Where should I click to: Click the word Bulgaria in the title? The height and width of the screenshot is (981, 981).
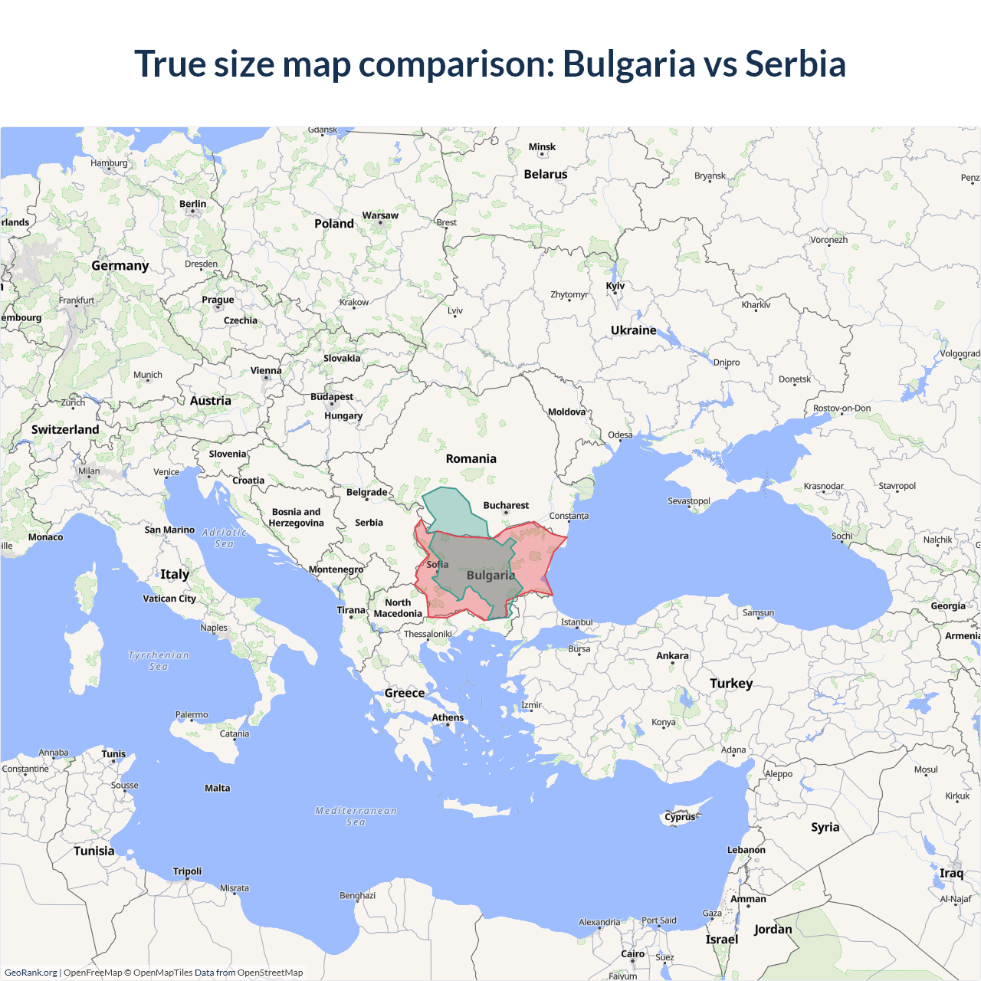coord(628,64)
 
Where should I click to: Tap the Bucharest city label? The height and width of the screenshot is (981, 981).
coord(506,506)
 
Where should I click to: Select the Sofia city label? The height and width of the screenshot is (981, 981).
coord(437,565)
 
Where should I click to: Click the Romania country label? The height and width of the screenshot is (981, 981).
coord(471,459)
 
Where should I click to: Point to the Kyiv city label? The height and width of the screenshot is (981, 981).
coord(615,286)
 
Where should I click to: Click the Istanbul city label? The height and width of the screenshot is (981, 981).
coord(576,622)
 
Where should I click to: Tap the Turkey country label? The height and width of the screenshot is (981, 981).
coord(730,684)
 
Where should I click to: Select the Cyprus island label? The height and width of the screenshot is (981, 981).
coord(680,817)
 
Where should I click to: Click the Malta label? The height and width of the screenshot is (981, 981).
coord(217,789)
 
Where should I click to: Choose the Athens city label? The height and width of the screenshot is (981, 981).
coord(448,718)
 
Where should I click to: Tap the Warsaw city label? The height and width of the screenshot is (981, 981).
coord(380,216)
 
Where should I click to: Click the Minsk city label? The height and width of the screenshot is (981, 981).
coord(542,147)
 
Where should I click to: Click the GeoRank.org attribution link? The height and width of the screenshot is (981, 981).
coord(31,973)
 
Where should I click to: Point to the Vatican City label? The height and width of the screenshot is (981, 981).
coord(169,599)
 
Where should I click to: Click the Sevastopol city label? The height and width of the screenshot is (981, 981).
coord(688,501)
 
